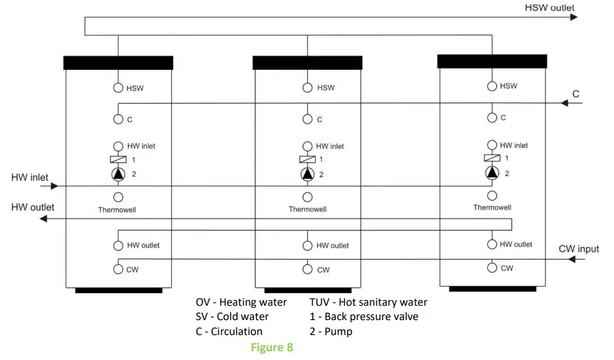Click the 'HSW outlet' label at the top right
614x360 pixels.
550,7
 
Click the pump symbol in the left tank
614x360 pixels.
118,174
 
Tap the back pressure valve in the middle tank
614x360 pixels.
307,160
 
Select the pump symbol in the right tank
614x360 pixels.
492,173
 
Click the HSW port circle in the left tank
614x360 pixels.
118,88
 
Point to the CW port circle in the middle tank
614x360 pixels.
307,270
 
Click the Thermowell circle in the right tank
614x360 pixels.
492,196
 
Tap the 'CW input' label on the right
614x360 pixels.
578,249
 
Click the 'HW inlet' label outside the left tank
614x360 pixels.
29,178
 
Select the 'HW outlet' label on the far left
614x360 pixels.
32,207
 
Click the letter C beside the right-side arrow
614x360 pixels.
576,94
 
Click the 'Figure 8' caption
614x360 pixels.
271,348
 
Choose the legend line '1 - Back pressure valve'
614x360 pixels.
364,316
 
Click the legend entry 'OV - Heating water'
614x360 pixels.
241,302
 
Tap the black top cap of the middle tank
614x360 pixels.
307,62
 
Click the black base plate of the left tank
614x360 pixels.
119,290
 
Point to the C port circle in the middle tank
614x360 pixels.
307,119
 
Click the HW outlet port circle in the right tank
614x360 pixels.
492,244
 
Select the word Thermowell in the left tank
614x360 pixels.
117,210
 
